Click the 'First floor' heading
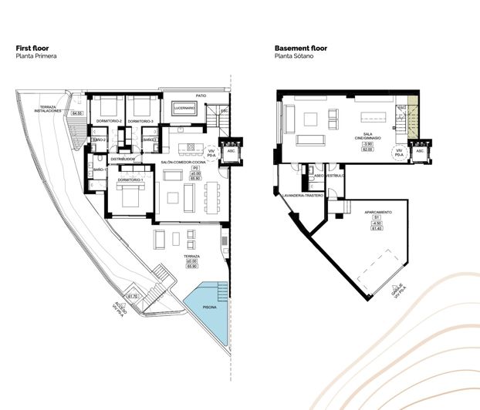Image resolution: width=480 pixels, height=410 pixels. tap(32, 49)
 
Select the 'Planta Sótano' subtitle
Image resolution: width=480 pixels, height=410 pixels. tap(296, 56)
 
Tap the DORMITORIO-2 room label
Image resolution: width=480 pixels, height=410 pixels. tap(106, 122)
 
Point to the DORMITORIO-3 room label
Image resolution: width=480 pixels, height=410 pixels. tap(140, 122)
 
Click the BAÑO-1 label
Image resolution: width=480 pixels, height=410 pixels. tap(99, 169)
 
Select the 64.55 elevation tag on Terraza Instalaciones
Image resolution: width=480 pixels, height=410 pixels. tap(76, 114)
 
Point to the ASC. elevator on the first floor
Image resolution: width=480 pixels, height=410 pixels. tap(230, 151)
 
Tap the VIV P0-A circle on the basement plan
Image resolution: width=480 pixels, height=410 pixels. tap(399, 152)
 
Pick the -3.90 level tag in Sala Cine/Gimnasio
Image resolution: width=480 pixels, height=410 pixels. tap(368, 144)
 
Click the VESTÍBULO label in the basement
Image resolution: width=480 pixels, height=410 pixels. tap(334, 176)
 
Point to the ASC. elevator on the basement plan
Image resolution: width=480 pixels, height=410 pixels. tap(421, 151)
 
